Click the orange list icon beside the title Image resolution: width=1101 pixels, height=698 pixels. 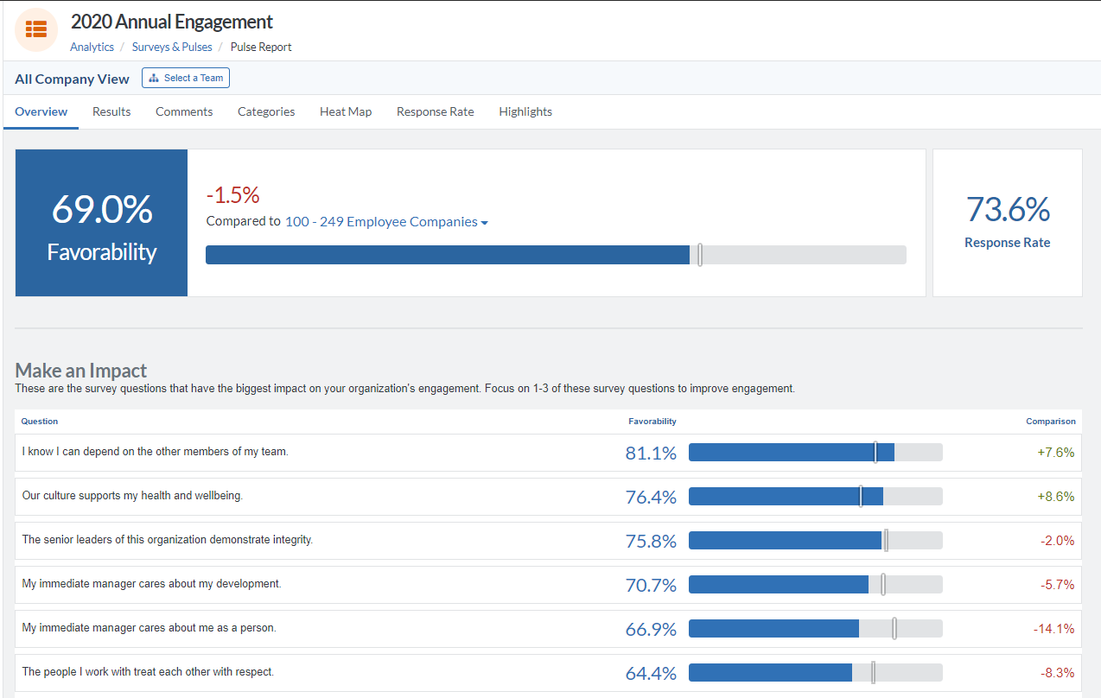pyautogui.click(x=36, y=29)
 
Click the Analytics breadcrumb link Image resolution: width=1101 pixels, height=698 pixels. pyautogui.click(x=92, y=48)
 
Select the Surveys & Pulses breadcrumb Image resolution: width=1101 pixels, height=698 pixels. pyautogui.click(x=172, y=48)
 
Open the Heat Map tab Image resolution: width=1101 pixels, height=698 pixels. pyautogui.click(x=346, y=111)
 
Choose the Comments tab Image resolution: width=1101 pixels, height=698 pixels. pyautogui.click(x=184, y=111)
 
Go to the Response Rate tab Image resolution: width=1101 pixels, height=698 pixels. pyautogui.click(x=435, y=111)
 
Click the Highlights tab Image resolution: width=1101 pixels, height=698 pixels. pyautogui.click(x=525, y=111)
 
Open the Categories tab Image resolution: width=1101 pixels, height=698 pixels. pyautogui.click(x=266, y=111)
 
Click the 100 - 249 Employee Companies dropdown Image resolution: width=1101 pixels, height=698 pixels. pyautogui.click(x=386, y=222)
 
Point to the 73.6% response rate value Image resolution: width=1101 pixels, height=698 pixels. pyautogui.click(x=1008, y=210)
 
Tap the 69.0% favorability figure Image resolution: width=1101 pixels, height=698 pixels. pyautogui.click(x=102, y=210)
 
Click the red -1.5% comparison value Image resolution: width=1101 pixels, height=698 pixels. pyautogui.click(x=232, y=194)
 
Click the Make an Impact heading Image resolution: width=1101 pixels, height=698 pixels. pyautogui.click(x=81, y=371)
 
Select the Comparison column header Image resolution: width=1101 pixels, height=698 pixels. pyautogui.click(x=1050, y=422)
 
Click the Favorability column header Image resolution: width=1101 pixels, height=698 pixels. pyautogui.click(x=652, y=422)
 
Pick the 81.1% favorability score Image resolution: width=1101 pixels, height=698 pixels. pyautogui.click(x=651, y=453)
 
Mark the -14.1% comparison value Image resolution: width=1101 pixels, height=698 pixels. pyautogui.click(x=1053, y=629)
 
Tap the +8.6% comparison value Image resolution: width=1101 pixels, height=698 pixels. pyautogui.click(x=1055, y=497)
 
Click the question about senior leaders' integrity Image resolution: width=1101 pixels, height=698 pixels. pyautogui.click(x=168, y=540)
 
